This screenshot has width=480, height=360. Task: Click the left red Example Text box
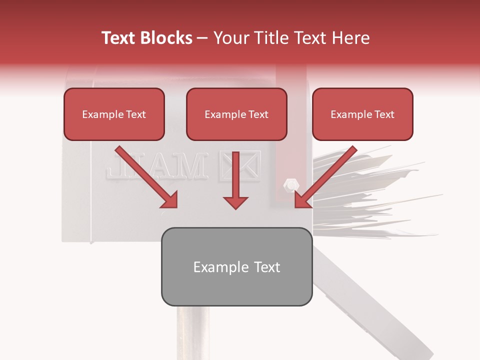pos(114,114)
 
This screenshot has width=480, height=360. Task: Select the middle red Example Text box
pos(236,114)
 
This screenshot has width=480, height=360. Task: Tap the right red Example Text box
pos(362,114)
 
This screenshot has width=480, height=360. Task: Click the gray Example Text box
pos(236,266)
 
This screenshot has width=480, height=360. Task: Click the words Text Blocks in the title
pos(146,38)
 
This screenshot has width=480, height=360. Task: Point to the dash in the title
pos(202,38)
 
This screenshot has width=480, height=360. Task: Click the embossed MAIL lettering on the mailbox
pos(157,166)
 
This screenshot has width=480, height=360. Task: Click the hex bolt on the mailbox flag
pos(289,185)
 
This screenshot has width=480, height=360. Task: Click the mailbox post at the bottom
pos(192,332)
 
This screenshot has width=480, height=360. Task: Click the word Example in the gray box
pos(216,267)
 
